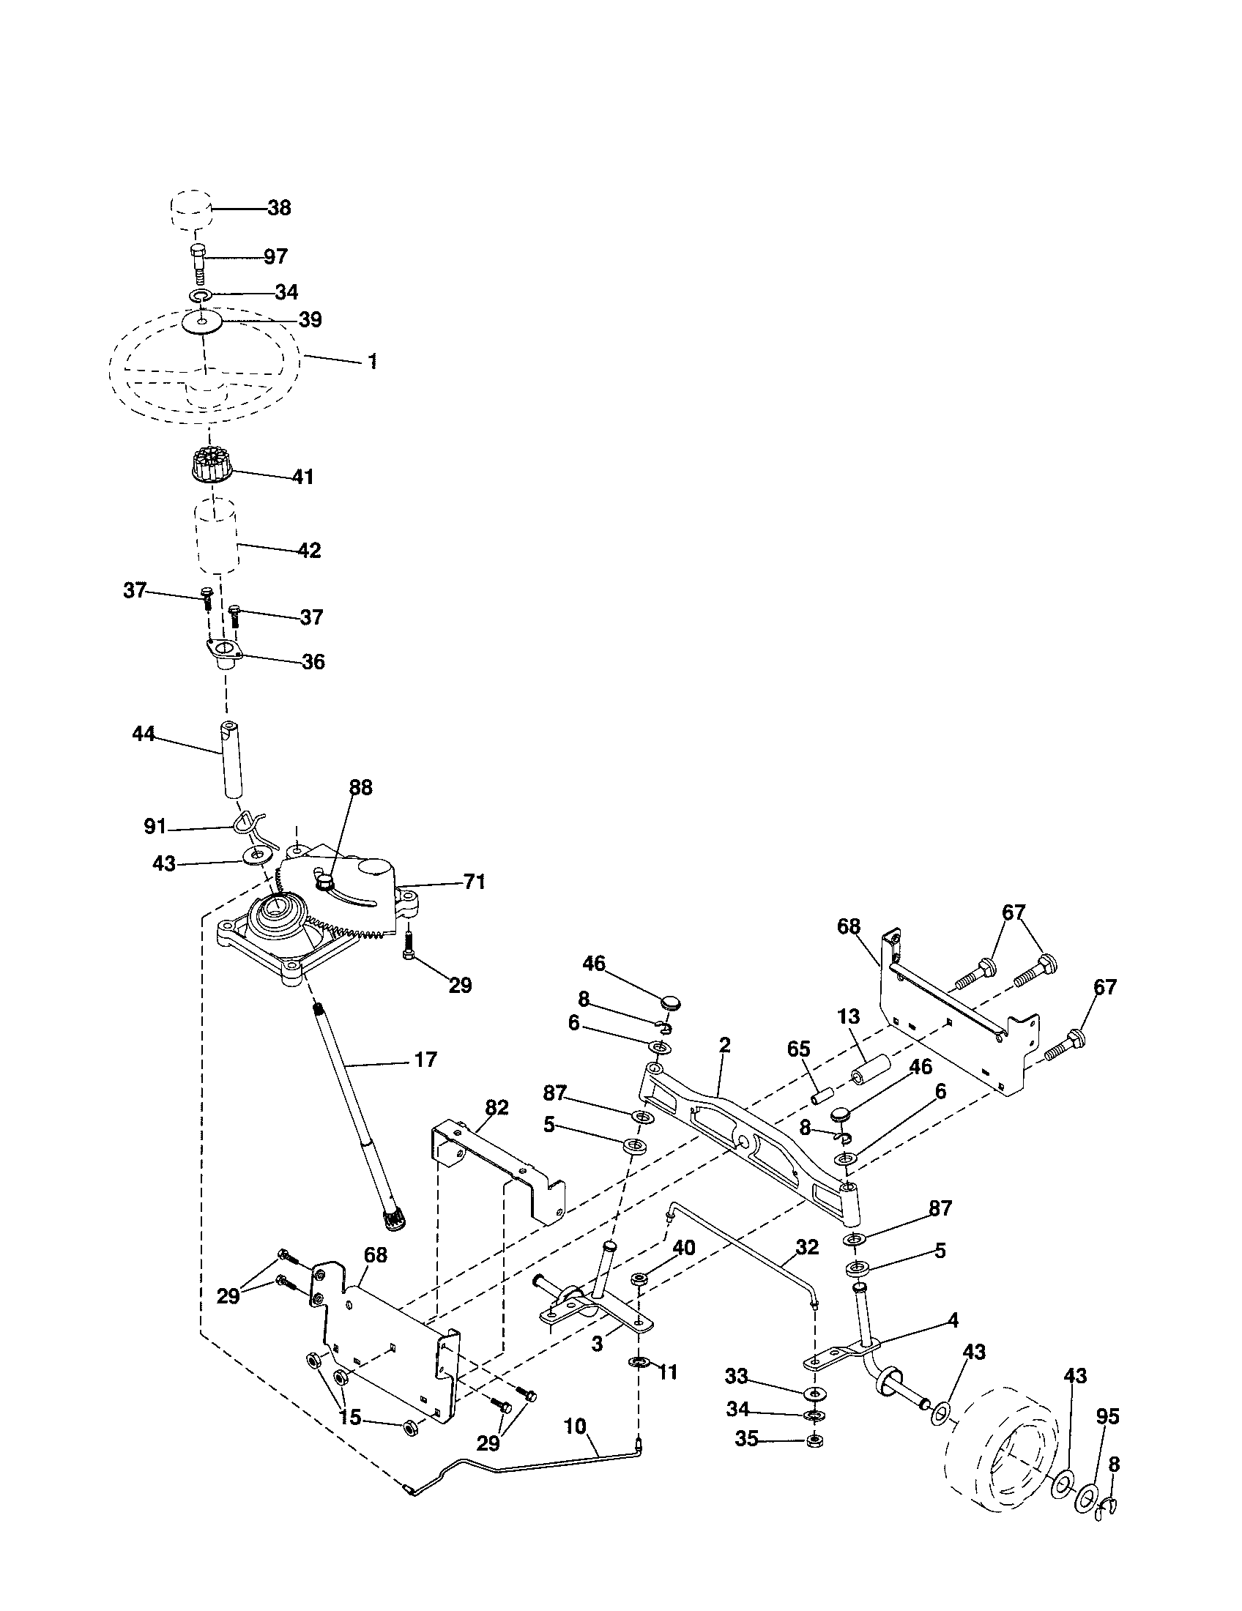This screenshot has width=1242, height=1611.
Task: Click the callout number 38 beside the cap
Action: (x=279, y=208)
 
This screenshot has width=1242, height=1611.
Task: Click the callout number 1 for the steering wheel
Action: (x=373, y=361)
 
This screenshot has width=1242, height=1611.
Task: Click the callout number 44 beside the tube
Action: (x=143, y=734)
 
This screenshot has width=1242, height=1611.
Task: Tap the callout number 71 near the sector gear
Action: (x=475, y=881)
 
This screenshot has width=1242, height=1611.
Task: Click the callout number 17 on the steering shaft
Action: (x=425, y=1060)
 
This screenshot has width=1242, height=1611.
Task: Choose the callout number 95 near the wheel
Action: (x=1108, y=1416)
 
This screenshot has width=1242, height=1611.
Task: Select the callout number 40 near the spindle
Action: (x=684, y=1247)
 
